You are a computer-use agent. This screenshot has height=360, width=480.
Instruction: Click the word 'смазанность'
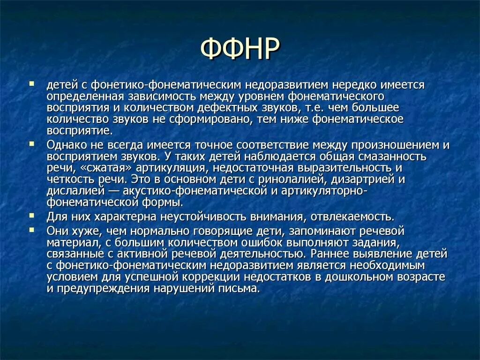394,156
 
